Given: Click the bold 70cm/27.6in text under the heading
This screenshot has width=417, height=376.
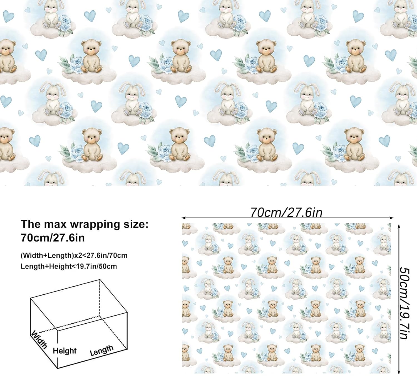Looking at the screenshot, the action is [53, 238].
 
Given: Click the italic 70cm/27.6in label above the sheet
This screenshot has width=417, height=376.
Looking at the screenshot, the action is [286, 213].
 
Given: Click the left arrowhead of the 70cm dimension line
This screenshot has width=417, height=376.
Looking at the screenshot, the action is [183, 218].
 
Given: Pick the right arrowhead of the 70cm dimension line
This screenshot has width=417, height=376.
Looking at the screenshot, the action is [392, 218].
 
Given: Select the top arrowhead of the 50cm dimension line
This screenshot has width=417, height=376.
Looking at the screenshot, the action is [399, 225].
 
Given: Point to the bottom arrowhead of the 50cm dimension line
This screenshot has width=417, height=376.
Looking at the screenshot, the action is [399, 373].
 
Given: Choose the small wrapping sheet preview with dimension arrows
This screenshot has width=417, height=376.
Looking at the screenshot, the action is [286, 298].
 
